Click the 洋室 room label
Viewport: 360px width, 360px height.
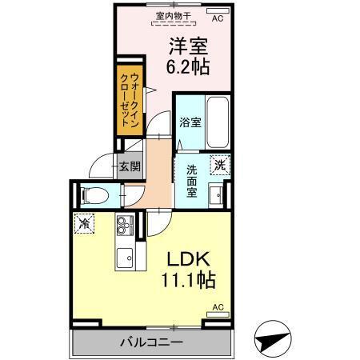[189, 45]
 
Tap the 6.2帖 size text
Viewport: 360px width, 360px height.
[189, 67]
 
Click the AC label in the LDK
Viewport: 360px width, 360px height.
[217, 306]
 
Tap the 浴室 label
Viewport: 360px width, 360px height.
[190, 125]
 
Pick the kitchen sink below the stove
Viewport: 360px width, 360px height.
[126, 256]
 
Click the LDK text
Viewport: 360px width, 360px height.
[188, 260]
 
